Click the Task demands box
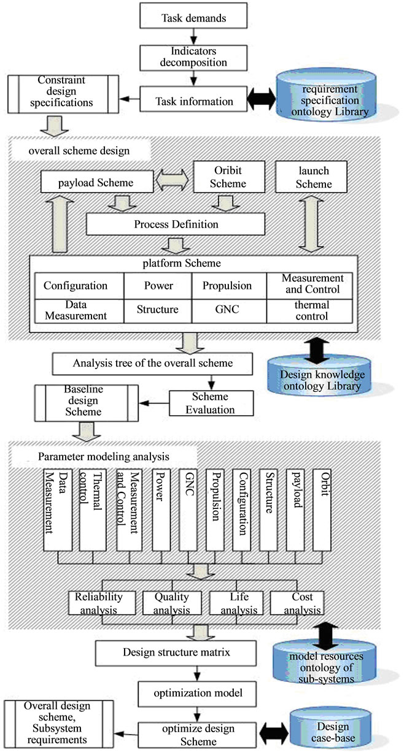pos(194,18)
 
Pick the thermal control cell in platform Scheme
pos(309,310)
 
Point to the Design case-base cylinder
pos(338,725)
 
